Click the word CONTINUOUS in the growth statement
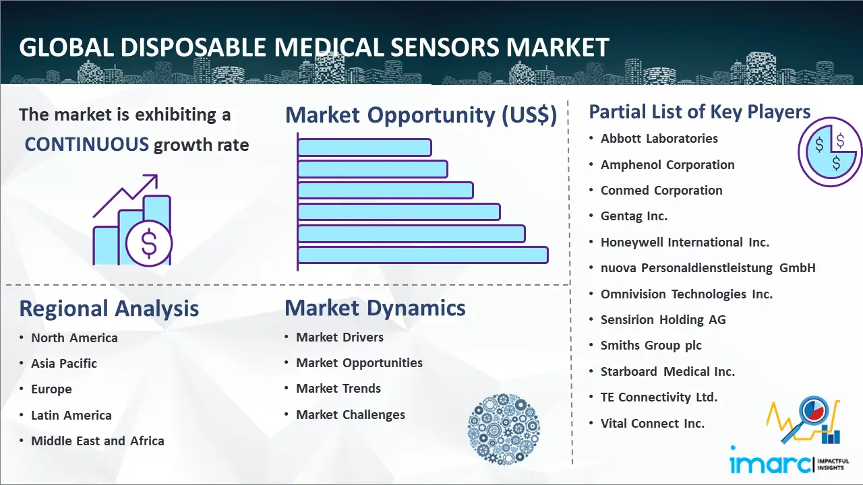87,144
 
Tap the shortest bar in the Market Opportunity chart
365,148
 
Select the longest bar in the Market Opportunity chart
423,255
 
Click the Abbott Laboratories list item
659,139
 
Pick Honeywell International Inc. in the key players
684,242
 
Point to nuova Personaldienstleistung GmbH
708,268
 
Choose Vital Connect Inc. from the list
652,424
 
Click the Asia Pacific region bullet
64,363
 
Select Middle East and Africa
98,441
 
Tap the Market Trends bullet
338,389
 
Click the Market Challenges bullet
351,414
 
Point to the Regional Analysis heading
109,309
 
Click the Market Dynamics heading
375,308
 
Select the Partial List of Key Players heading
700,112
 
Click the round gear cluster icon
504,428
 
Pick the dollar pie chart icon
830,152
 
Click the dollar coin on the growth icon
149,244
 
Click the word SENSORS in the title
444,47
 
